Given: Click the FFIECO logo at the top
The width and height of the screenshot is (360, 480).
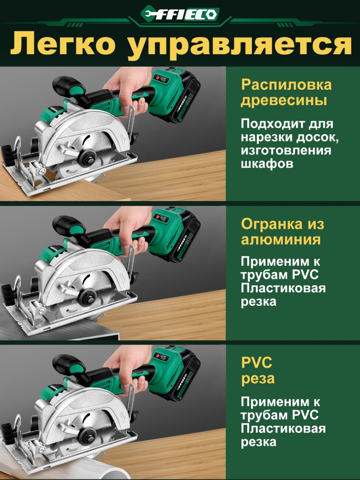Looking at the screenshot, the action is tap(180, 14).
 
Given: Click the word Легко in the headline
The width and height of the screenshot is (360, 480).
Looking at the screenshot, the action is tap(63, 44).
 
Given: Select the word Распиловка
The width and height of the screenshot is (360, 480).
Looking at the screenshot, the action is tap(286, 85).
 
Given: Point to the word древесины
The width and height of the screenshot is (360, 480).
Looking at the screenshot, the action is tap(284, 101).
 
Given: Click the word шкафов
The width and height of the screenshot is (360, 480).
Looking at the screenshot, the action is tap(267, 164).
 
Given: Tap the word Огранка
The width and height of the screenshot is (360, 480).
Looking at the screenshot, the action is tap(274, 224).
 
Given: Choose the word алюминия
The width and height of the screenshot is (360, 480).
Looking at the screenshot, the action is tap(281, 239).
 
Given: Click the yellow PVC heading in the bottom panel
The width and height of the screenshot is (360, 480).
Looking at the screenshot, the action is tap(256, 362).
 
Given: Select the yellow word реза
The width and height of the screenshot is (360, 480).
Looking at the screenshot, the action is tap(258, 378).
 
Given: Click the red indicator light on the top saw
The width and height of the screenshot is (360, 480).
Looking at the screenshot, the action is tap(158, 78).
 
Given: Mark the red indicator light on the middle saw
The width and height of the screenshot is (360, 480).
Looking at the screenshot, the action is tap(158, 217).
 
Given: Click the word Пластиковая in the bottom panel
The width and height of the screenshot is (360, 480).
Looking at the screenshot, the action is tap(283, 429).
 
